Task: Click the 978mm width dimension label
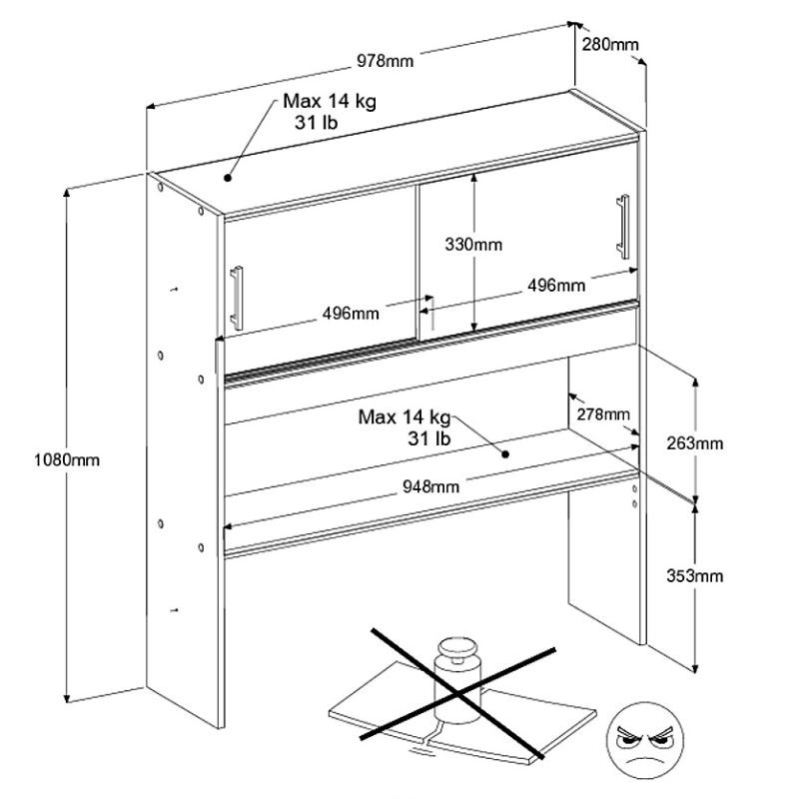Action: click(x=385, y=62)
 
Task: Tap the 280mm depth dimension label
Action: click(x=609, y=45)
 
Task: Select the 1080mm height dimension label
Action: click(x=68, y=460)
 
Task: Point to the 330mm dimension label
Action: click(x=474, y=243)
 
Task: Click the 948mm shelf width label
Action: click(x=431, y=487)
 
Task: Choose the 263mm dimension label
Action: click(x=696, y=443)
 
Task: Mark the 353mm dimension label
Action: click(x=696, y=576)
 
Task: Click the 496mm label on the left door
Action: click(x=350, y=314)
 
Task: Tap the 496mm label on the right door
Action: click(x=556, y=286)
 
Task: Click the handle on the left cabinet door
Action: click(x=238, y=296)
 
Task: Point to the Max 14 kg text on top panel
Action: click(x=329, y=102)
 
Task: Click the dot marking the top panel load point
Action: click(x=228, y=178)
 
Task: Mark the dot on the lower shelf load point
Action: click(x=507, y=454)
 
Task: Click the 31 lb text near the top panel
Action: click(x=315, y=122)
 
